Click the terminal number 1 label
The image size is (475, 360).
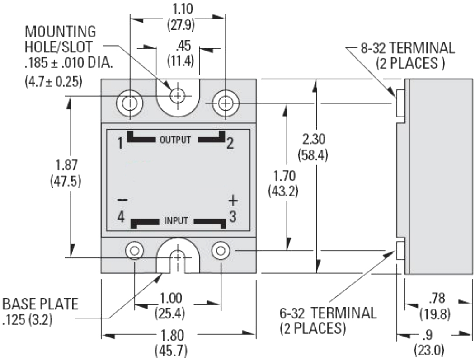(x=120, y=144)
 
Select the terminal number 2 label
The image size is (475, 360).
(x=230, y=144)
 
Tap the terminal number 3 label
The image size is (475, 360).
(x=232, y=217)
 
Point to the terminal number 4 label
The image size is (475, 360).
(x=121, y=217)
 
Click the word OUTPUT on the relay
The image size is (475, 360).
(x=175, y=140)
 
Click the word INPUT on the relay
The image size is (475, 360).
(x=176, y=222)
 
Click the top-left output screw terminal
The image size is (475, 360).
(x=130, y=104)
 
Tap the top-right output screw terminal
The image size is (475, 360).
(x=224, y=104)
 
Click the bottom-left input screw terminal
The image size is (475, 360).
(x=135, y=250)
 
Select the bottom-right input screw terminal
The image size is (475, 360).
(x=221, y=250)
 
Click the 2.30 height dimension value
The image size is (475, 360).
(x=313, y=139)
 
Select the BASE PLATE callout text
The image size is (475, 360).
(x=40, y=304)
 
